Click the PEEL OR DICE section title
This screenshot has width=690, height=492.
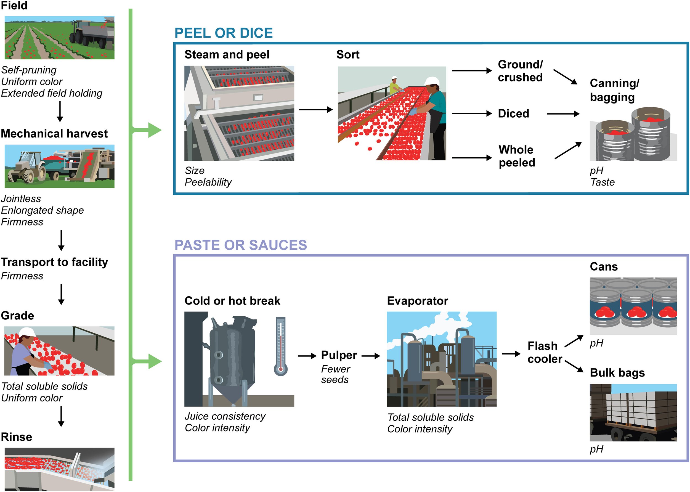[224, 33]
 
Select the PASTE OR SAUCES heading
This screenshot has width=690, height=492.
[241, 245]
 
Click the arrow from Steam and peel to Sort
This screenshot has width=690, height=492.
[315, 110]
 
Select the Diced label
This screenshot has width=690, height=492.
[513, 113]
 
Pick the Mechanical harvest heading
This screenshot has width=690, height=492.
[54, 134]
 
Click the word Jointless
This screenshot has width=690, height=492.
[21, 199]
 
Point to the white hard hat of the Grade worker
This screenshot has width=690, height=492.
[27, 332]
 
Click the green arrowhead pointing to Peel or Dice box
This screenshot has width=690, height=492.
[154, 130]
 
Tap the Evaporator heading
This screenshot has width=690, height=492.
[417, 301]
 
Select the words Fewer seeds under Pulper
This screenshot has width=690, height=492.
[335, 374]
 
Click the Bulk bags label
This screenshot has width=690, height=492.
[617, 373]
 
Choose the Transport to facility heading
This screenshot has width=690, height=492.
[54, 262]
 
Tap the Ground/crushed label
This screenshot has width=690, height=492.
[520, 71]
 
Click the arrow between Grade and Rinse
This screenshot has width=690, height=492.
[61, 416]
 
